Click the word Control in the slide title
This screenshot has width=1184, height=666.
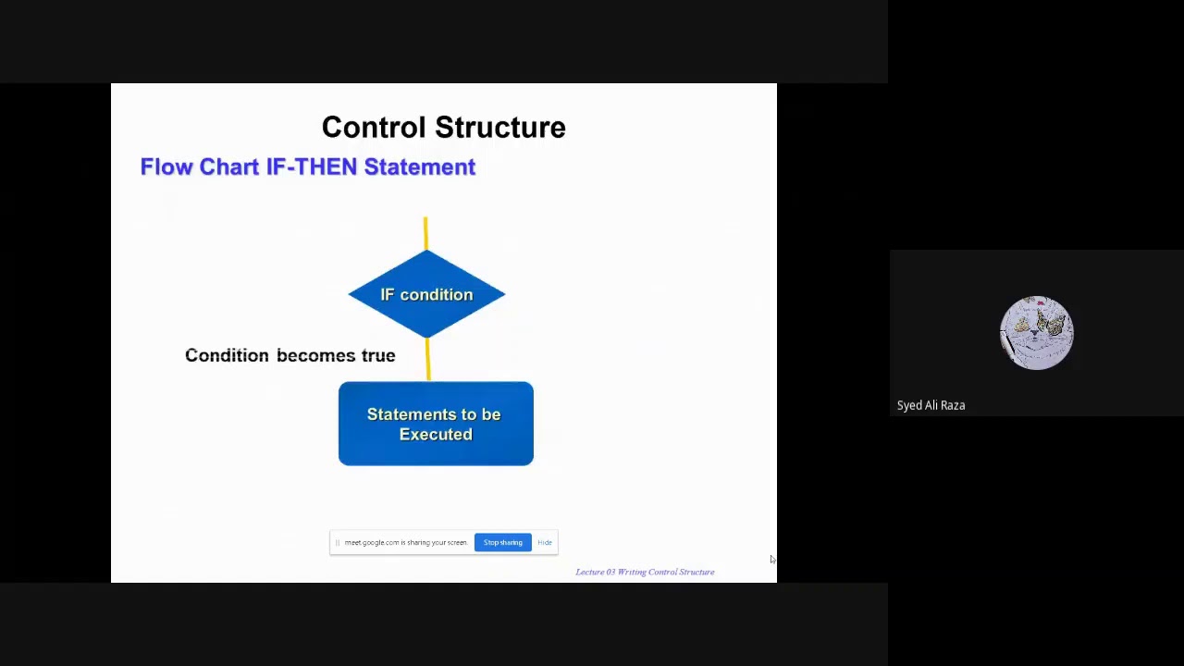pyautogui.click(x=374, y=128)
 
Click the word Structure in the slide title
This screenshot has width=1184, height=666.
pyautogui.click(x=500, y=128)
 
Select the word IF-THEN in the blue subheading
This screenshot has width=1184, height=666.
pyautogui.click(x=312, y=166)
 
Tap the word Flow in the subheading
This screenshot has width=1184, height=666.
pyautogui.click(x=166, y=166)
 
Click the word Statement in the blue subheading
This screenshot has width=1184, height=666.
pyautogui.click(x=420, y=166)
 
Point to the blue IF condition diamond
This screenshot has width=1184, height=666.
pyautogui.click(x=426, y=294)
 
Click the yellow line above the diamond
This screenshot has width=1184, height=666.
pyautogui.click(x=425, y=233)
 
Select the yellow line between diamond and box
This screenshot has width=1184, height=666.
pyautogui.click(x=428, y=360)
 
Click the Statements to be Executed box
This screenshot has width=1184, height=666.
pyautogui.click(x=436, y=424)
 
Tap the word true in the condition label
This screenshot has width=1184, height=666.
pyautogui.click(x=378, y=356)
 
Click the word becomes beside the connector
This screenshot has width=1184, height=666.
pyautogui.click(x=316, y=356)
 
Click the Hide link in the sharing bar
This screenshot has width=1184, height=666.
pyautogui.click(x=545, y=542)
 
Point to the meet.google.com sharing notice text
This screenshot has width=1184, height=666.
pyautogui.click(x=406, y=542)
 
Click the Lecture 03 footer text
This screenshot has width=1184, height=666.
pyautogui.click(x=645, y=572)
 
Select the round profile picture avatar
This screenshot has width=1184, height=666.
pyautogui.click(x=1037, y=332)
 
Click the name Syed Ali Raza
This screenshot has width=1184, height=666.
pyautogui.click(x=931, y=405)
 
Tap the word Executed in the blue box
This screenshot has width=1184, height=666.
pyautogui.click(x=436, y=435)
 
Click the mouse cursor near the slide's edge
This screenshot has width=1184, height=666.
pyautogui.click(x=772, y=560)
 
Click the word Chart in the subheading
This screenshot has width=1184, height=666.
pyautogui.click(x=228, y=166)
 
